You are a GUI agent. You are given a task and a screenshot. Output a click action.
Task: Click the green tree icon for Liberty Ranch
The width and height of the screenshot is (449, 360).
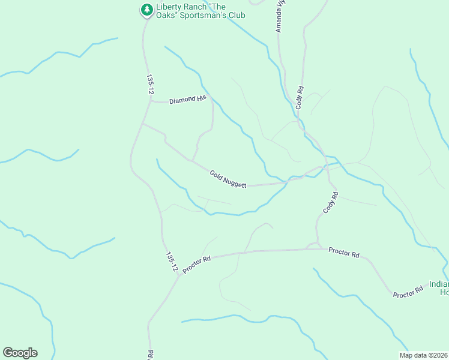point(146,10)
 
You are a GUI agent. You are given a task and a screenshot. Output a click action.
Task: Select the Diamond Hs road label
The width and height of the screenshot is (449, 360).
point(187,100)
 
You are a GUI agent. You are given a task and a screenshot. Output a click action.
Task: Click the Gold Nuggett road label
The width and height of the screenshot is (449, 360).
point(228,179)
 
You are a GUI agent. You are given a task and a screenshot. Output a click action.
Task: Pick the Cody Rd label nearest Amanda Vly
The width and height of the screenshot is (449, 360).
point(299,97)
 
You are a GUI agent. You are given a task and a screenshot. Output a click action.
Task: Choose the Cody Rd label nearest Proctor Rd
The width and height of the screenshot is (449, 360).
point(331,203)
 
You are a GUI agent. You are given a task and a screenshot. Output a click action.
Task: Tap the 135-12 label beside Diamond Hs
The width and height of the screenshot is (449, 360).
point(150,84)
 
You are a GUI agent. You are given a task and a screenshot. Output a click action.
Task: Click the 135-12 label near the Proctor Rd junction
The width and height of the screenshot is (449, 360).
point(171,262)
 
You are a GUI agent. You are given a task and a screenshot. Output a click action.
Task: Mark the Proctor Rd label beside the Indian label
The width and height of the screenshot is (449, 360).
point(408,292)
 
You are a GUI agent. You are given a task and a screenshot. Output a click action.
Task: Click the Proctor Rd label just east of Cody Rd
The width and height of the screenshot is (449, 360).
point(344,253)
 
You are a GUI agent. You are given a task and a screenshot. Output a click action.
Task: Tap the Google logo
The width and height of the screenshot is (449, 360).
point(20,353)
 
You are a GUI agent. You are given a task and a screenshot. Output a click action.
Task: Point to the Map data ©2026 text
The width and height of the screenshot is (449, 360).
point(423,355)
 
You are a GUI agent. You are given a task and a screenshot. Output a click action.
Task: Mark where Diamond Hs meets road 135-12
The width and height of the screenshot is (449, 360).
point(150,101)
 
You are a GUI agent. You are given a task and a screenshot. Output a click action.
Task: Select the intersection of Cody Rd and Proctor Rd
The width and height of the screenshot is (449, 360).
point(316,248)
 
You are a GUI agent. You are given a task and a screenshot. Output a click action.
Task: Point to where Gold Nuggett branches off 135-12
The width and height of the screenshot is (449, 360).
point(142,124)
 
